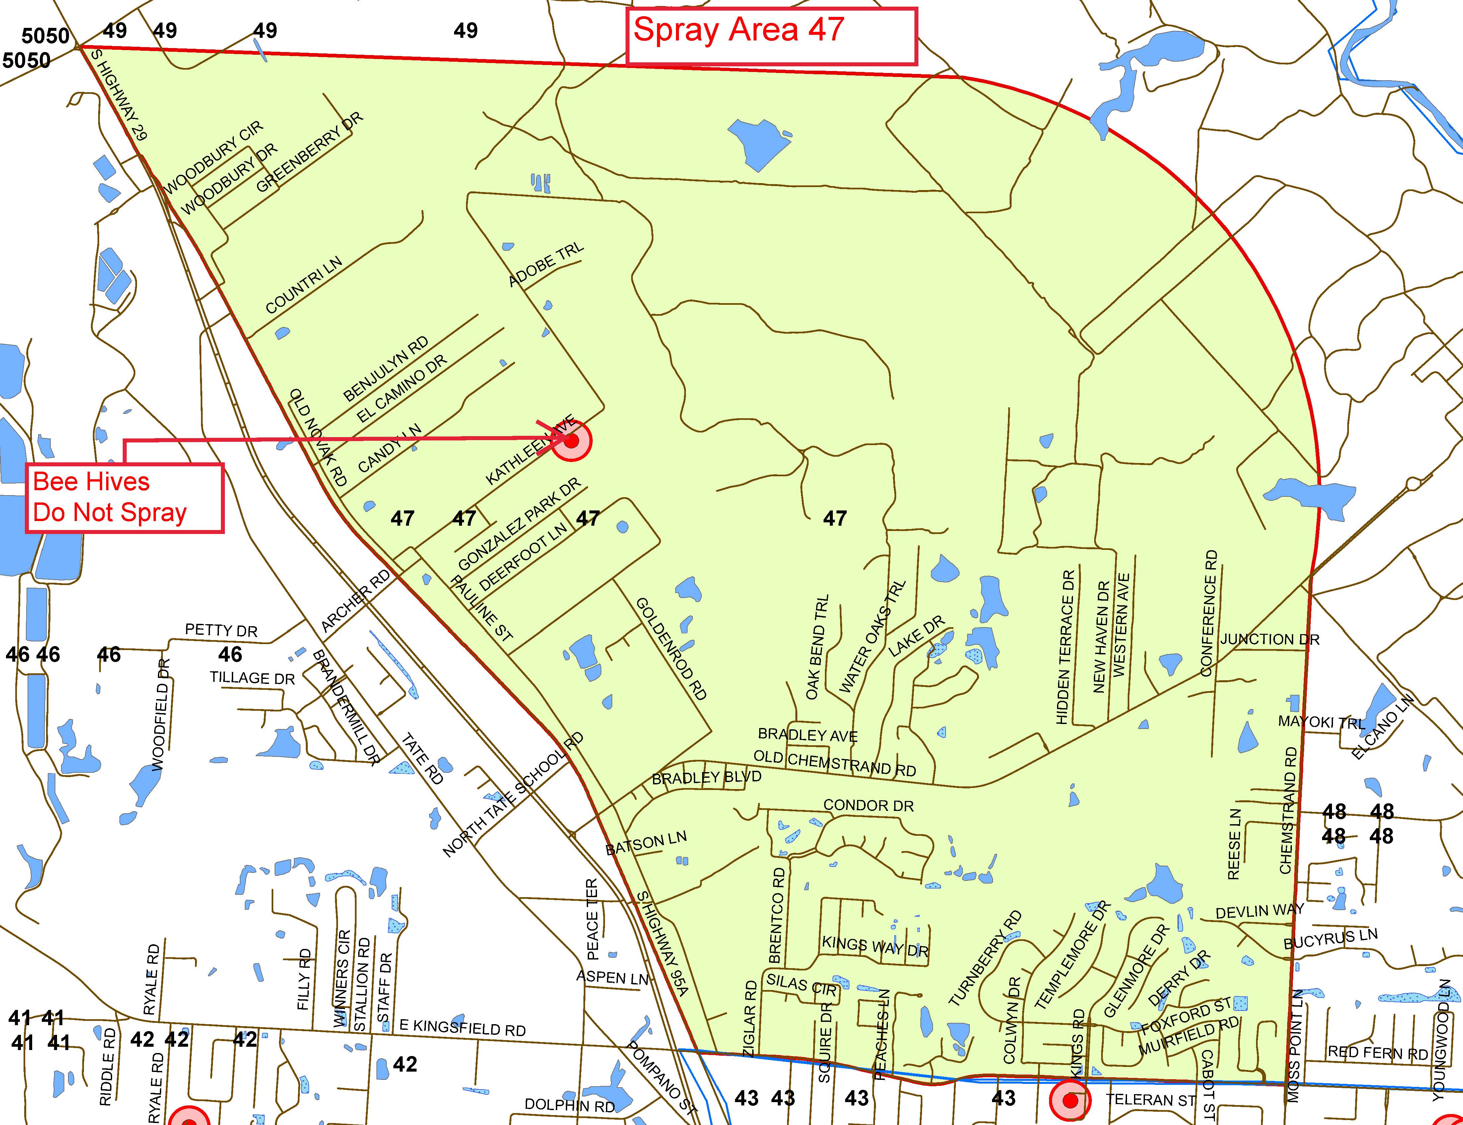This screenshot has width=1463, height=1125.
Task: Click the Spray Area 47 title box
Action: (771, 36)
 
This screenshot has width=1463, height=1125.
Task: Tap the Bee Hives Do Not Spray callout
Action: (124, 497)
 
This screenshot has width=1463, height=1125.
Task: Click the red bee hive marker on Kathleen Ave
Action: (571, 441)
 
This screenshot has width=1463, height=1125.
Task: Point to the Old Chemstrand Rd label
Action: (834, 763)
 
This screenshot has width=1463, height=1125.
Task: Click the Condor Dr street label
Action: (868, 806)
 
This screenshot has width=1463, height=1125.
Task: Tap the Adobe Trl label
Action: (546, 265)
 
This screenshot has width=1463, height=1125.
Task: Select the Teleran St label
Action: (1150, 1099)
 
